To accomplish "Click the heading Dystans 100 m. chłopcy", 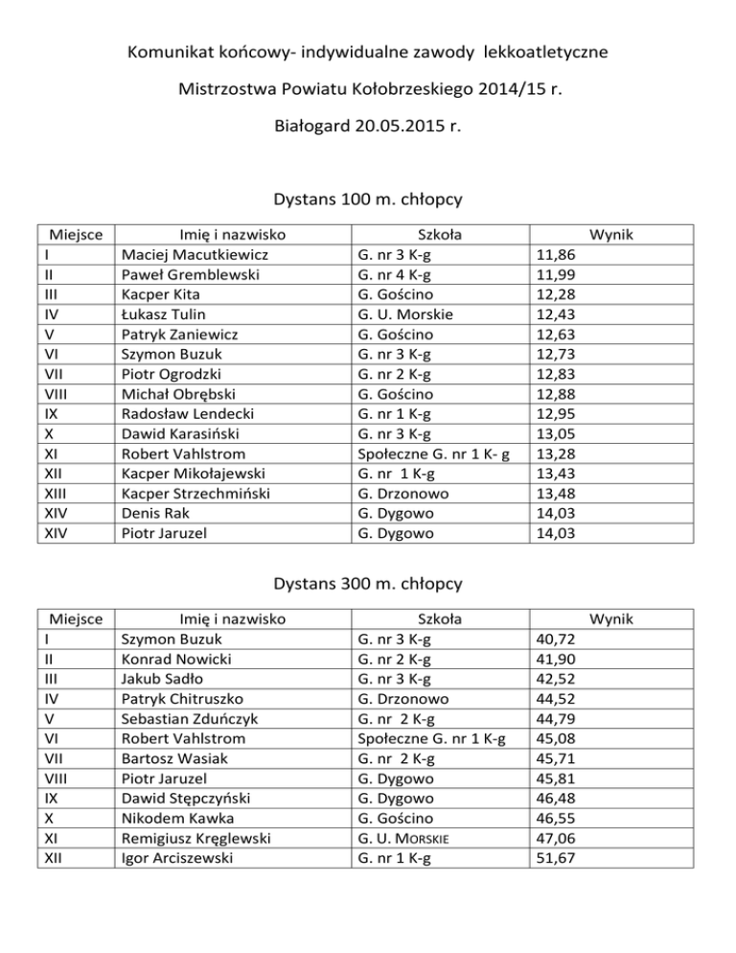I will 368,200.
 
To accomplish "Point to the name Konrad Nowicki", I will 176,660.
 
